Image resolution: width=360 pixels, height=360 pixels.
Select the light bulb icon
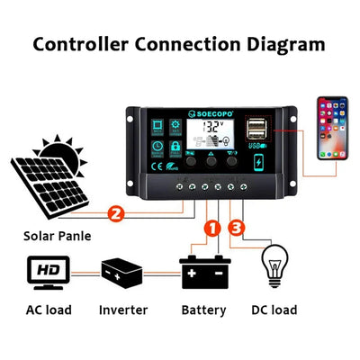(277, 267)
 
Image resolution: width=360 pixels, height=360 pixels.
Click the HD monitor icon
(45, 270)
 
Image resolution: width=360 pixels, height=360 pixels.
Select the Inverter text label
(122, 310)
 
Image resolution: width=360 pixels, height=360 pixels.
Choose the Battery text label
(203, 310)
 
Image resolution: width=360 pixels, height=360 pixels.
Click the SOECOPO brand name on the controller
(199, 114)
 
